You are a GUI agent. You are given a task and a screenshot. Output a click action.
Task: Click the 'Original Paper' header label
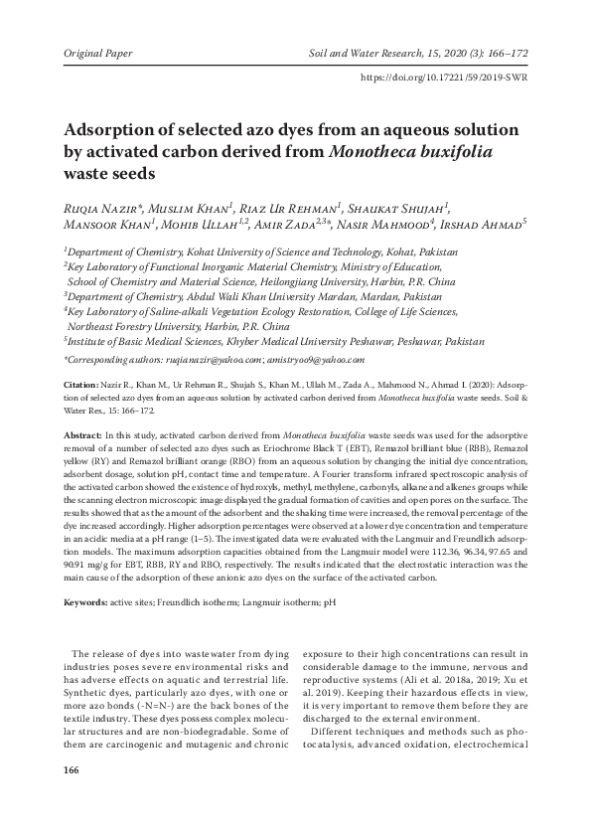click(x=97, y=49)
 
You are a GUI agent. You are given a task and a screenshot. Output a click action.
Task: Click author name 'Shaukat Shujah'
click(x=402, y=208)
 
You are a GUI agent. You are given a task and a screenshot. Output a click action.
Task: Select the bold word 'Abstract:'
click(x=83, y=435)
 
